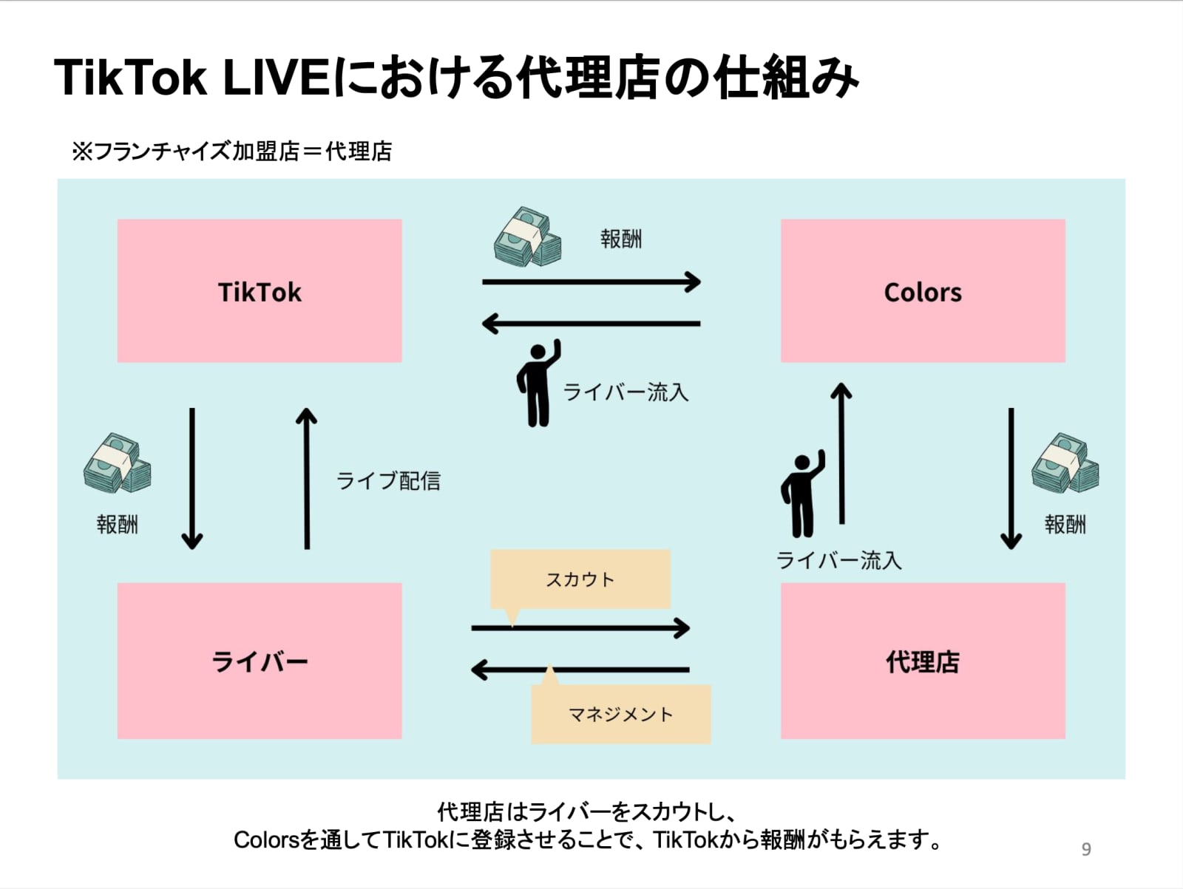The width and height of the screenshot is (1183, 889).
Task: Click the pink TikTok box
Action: coord(260,290)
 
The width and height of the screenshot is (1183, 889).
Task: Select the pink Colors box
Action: coord(923,290)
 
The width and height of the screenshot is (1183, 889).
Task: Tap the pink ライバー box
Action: coord(260,661)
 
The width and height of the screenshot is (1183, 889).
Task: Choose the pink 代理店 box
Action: coord(923,661)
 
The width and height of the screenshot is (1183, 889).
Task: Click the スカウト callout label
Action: coord(580,579)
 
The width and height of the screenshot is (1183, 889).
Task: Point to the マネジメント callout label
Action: coord(621,714)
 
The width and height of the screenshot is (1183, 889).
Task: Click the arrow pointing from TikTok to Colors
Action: coord(591,282)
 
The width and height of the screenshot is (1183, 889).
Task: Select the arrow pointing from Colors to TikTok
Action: coord(591,323)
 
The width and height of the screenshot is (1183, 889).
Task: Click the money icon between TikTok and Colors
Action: coord(527,236)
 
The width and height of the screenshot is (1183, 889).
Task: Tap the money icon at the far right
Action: coord(1065,463)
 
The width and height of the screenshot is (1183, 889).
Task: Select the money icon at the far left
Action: coord(117,463)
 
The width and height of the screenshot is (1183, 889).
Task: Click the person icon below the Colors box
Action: coord(802,494)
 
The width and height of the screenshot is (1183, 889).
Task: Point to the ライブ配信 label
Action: coord(388,481)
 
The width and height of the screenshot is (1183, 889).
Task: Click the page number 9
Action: coord(1085,849)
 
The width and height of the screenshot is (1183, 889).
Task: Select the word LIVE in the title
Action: coord(276,77)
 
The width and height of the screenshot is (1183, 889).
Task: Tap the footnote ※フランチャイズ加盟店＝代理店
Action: coord(231,151)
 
